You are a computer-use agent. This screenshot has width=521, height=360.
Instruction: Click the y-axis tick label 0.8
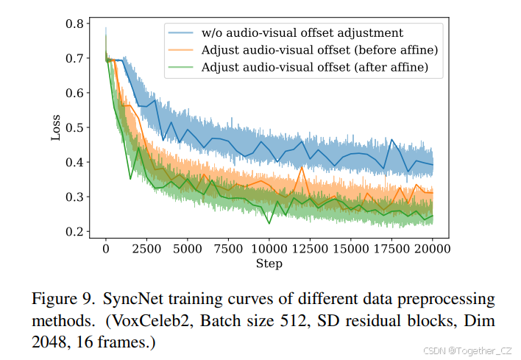pos(74,24)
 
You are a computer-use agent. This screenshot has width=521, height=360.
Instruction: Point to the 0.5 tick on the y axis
pos(74,128)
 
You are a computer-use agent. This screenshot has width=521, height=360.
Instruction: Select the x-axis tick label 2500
pos(146,250)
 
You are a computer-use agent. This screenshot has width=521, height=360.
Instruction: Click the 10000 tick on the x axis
pos(269,250)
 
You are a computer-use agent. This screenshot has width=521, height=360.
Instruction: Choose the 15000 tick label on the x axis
pos(351,250)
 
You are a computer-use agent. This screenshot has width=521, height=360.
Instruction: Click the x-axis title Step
pos(269,264)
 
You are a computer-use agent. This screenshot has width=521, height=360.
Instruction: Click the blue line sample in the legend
pos(181,33)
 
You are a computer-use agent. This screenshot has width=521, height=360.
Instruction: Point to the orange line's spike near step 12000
pos(302,166)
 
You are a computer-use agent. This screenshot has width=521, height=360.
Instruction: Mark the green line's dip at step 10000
pos(269,223)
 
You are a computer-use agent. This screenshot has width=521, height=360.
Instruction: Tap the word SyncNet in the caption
pos(130,300)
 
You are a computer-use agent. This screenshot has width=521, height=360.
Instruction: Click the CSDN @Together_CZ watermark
pos(466,350)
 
